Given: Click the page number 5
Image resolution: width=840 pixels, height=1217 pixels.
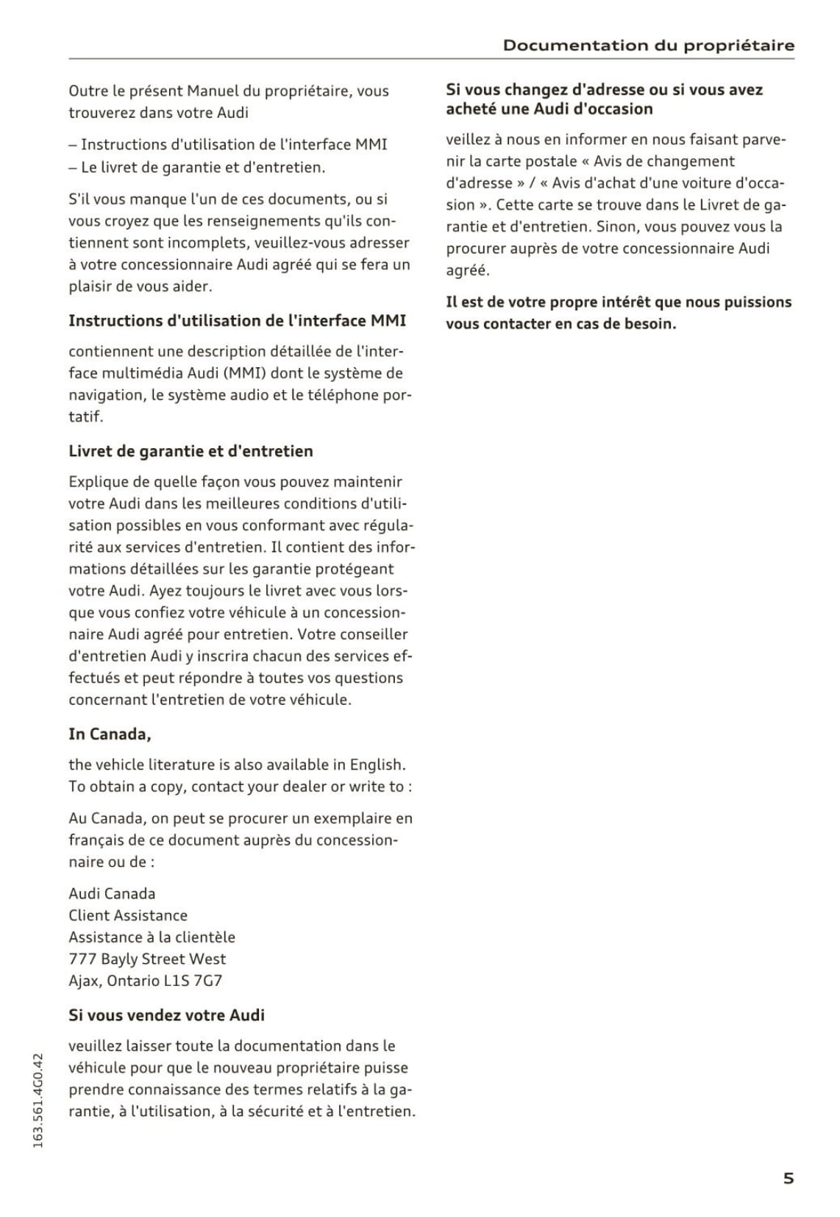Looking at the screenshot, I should point(788,1178).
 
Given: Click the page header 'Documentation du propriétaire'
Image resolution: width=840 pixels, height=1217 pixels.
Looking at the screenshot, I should point(648,46).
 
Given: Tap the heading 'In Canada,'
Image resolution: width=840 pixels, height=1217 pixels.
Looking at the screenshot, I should point(110,734).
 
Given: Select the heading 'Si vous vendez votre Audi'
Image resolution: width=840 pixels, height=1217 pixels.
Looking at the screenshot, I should point(166,1015).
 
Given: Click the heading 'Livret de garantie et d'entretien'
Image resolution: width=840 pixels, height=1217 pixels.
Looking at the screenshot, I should point(191,451).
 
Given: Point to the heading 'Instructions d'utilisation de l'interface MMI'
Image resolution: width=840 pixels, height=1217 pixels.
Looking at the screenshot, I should point(237,320).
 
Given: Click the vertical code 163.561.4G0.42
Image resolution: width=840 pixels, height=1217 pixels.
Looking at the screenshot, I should point(39,1099).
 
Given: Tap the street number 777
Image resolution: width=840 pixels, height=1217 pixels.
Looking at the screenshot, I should point(82,959).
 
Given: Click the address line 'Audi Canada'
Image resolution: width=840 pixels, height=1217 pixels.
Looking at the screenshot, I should point(112,893).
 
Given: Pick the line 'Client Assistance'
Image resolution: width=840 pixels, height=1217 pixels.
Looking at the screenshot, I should point(128,915).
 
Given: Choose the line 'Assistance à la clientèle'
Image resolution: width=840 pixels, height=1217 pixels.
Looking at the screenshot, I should point(152,937).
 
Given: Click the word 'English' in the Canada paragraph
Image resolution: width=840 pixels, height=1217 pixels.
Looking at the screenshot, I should point(377,764).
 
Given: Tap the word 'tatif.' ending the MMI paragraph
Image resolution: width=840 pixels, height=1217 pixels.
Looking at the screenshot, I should point(85,416).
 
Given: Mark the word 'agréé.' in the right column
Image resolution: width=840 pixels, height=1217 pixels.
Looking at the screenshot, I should point(467,270).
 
